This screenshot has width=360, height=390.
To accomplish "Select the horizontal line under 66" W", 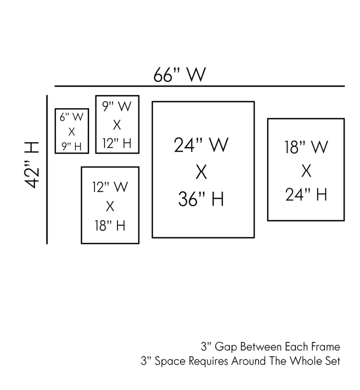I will [200, 86].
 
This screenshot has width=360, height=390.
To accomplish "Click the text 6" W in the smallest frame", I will [71, 118].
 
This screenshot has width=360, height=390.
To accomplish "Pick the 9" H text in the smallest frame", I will [71, 146].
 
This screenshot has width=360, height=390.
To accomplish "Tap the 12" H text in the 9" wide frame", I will [117, 144].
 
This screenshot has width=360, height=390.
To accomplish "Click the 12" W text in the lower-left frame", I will [110, 187].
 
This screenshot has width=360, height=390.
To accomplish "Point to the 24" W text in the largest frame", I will [201, 146].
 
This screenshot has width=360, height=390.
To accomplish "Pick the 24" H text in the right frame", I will [306, 194].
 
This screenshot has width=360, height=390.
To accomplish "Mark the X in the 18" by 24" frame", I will [306, 171].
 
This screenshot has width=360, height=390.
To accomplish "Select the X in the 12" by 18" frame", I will [110, 206].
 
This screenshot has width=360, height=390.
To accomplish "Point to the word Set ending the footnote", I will [333, 360].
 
